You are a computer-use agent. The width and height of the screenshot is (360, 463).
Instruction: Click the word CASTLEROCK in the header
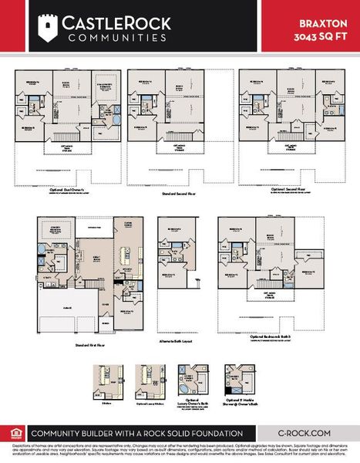96,23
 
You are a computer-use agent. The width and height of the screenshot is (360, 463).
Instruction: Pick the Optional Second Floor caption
288,188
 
